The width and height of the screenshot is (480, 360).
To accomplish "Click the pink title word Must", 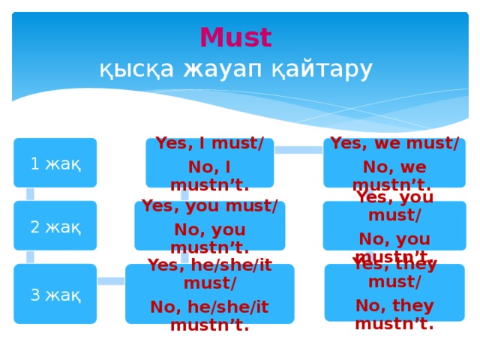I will coord(235,37).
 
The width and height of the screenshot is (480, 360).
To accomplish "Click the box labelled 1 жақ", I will coord(55,163).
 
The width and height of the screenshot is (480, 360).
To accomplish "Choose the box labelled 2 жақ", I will coord(55,226).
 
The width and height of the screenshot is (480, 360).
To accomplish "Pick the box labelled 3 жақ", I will coord(55,294).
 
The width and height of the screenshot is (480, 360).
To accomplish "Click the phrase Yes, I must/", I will coord(209,143).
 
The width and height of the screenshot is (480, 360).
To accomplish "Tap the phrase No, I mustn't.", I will coord(209,175).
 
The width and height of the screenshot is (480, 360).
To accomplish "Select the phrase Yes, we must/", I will coord(394,143).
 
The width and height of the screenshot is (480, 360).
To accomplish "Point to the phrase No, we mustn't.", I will coord(394,175).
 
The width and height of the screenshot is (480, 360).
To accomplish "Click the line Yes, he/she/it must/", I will coord(209,274).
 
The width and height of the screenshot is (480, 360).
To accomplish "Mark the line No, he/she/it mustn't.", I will coord(209,316).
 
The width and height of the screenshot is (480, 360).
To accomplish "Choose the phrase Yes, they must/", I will coord(394,273).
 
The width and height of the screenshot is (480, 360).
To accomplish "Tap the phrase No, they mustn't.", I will coord(394,315).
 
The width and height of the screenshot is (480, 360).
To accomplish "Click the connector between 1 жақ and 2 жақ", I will coord(30,194).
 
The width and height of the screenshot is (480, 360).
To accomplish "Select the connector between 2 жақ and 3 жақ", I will coord(30,257).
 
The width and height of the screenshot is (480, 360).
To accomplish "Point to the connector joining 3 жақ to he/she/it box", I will coord(111,281).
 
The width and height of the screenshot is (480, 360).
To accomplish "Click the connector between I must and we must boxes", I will coord(298,150).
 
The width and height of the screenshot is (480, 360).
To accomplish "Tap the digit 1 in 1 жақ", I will coord(34,163).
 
